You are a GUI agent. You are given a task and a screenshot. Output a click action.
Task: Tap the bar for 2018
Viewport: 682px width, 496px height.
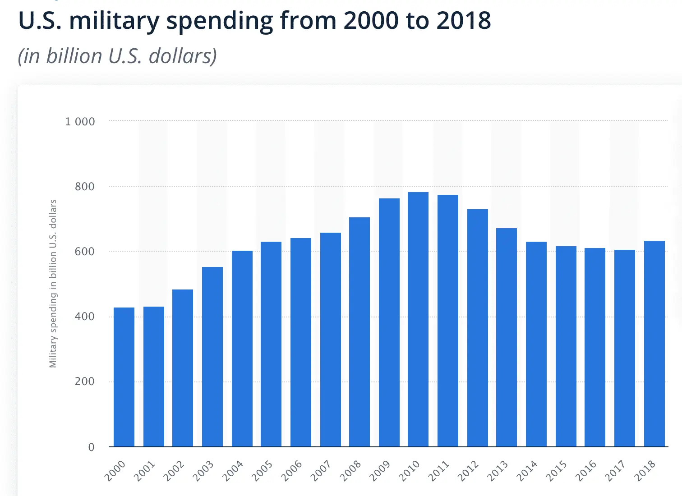[654, 344]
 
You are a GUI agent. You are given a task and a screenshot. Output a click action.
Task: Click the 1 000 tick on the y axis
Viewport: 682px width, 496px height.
[80, 122]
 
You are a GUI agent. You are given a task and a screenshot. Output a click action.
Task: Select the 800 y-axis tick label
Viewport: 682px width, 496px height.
[85, 187]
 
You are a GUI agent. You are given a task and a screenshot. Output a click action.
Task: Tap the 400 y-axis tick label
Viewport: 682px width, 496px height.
[85, 317]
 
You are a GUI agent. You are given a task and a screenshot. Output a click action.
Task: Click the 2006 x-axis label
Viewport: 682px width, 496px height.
[292, 471]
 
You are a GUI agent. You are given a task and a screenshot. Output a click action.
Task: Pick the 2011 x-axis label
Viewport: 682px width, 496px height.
[439, 471]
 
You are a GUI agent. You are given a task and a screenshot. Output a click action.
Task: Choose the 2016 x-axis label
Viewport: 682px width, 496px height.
[586, 471]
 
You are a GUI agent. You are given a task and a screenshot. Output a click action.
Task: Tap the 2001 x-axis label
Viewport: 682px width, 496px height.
[145, 471]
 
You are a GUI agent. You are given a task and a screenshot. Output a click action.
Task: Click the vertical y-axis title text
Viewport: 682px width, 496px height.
[53, 284]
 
